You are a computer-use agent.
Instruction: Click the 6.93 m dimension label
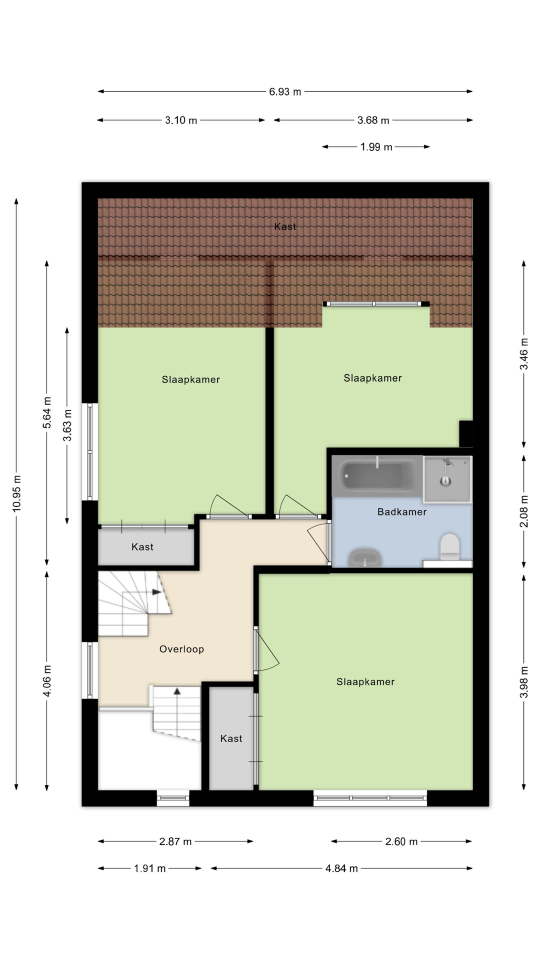pyautogui.click(x=285, y=91)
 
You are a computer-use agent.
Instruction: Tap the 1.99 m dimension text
pyautogui.click(x=376, y=147)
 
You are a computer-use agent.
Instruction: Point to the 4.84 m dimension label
pyautogui.click(x=341, y=868)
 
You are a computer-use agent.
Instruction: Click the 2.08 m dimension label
pyautogui.click(x=524, y=511)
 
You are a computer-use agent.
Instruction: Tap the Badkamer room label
pyautogui.click(x=402, y=512)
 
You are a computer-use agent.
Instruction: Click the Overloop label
pyautogui.click(x=181, y=649)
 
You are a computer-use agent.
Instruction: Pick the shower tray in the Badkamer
pyautogui.click(x=447, y=478)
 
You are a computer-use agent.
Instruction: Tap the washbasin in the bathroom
pyautogui.click(x=365, y=557)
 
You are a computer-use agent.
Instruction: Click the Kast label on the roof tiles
pyautogui.click(x=285, y=226)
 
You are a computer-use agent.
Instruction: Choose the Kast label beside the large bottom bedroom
pyautogui.click(x=231, y=738)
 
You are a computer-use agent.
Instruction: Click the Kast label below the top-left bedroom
pyautogui.click(x=142, y=547)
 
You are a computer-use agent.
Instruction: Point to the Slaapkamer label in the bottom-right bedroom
pyautogui.click(x=365, y=682)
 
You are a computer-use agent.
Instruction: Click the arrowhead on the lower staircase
pyautogui.click(x=177, y=691)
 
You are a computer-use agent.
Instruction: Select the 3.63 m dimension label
pyautogui.click(x=67, y=425)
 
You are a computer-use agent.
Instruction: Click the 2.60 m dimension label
pyautogui.click(x=401, y=841)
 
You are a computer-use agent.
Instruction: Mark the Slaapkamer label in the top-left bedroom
pyautogui.click(x=191, y=380)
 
